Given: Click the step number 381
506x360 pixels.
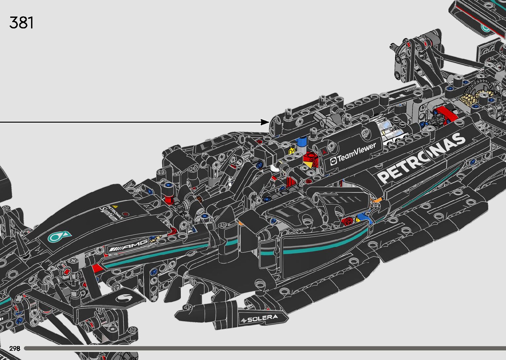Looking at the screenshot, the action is click(21, 22).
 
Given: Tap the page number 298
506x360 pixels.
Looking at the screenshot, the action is click(15, 348).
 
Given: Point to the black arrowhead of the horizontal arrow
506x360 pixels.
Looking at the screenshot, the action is click(265, 122).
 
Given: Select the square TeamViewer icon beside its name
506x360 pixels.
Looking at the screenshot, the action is click(333, 161).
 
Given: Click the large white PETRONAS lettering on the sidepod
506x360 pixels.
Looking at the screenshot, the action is click(421, 158).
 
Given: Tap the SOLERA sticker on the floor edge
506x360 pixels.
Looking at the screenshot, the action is click(260, 319).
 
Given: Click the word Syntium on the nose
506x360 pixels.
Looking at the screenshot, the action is click(108, 214).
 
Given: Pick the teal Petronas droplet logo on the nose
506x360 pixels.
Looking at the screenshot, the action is click(59, 236).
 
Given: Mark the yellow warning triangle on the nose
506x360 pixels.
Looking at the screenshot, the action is click(115, 207).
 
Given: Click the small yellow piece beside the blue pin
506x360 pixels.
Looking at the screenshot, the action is click(292, 150).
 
